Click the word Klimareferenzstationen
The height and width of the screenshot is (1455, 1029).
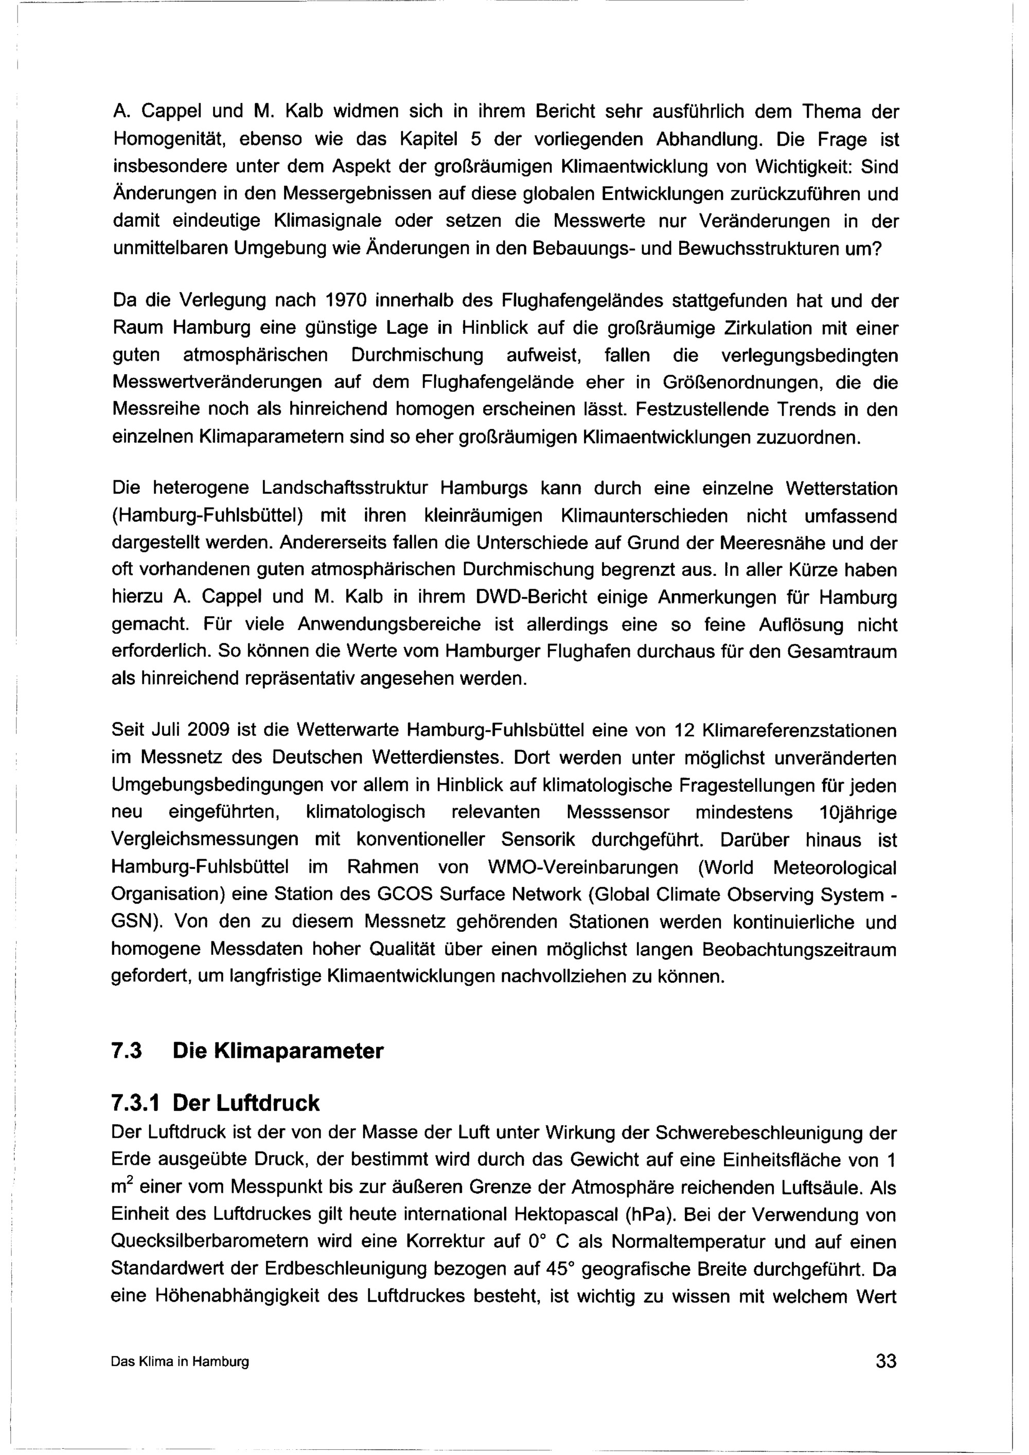pyautogui.click(x=800, y=731)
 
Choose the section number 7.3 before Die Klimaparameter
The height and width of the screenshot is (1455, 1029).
pyautogui.click(x=126, y=1051)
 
